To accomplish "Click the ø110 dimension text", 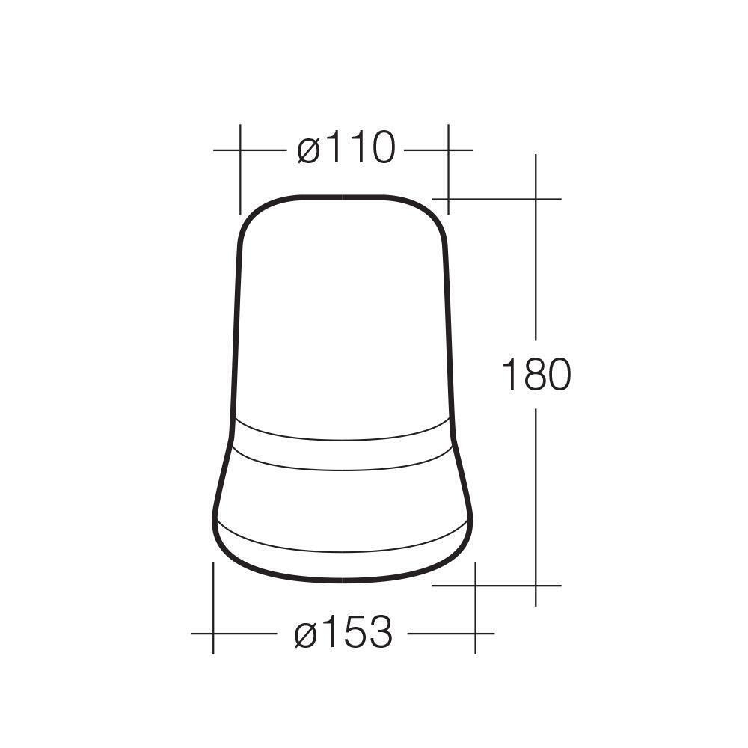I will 346,149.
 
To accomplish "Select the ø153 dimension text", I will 343,634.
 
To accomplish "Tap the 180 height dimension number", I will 535,375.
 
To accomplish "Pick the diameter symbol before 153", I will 307,634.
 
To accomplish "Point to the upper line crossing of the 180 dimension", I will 536,199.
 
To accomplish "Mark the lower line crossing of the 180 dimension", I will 536,585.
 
